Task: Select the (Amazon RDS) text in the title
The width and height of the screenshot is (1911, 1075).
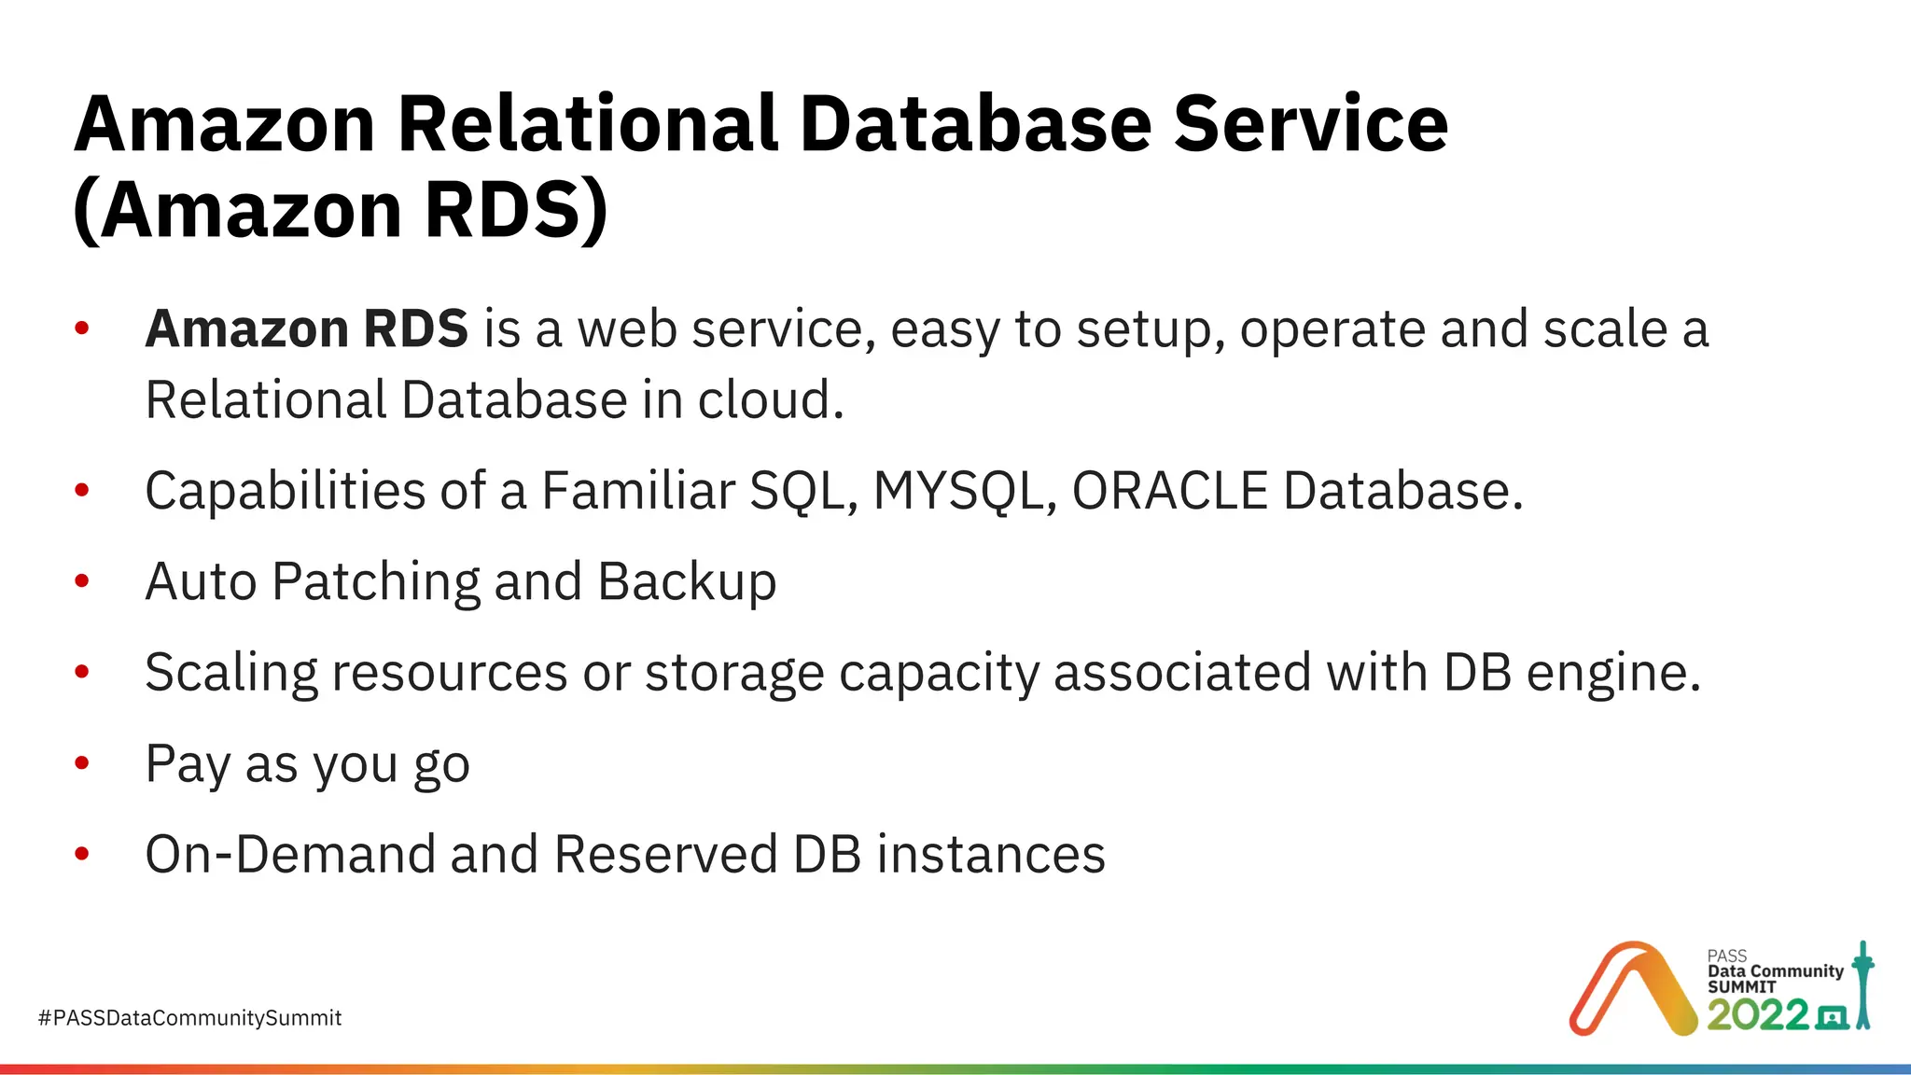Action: coord(341,210)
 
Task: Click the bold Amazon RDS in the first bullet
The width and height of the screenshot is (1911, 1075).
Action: coord(306,329)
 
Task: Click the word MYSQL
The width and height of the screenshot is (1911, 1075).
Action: coord(957,491)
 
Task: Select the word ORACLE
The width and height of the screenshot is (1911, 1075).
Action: coord(1169,491)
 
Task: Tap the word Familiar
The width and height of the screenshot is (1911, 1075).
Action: coord(638,491)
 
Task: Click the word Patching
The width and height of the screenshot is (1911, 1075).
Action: coord(375,582)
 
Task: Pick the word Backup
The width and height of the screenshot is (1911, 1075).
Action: coord(686,582)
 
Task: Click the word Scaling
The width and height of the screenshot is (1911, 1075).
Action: coord(230,673)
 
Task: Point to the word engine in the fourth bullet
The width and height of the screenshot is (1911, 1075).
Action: coord(1612,673)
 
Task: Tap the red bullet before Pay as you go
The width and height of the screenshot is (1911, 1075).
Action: coord(82,763)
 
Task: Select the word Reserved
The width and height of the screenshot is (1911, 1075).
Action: coord(665,855)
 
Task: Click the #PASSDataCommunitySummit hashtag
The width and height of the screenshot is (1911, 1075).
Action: coord(189,1018)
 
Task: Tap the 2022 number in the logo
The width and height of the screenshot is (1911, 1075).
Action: coord(1757,1015)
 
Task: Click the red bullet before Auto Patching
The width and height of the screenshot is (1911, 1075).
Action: coord(82,581)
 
